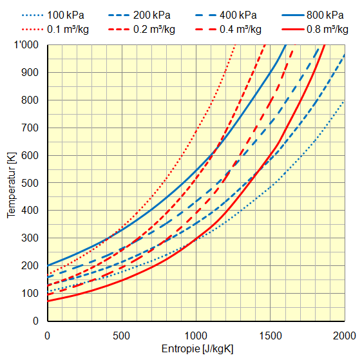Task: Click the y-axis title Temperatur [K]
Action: coord(11,183)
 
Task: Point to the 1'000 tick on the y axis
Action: coord(28,44)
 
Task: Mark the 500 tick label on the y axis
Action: coord(31,183)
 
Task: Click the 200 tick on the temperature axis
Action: coord(31,265)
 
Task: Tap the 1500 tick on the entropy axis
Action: coord(271,335)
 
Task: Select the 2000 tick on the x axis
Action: coord(345,335)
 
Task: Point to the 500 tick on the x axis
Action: coord(122,335)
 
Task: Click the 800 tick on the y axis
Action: coord(31,100)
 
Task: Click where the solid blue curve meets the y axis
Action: coord(48,265)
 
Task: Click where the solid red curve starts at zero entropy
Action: coord(48,301)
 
